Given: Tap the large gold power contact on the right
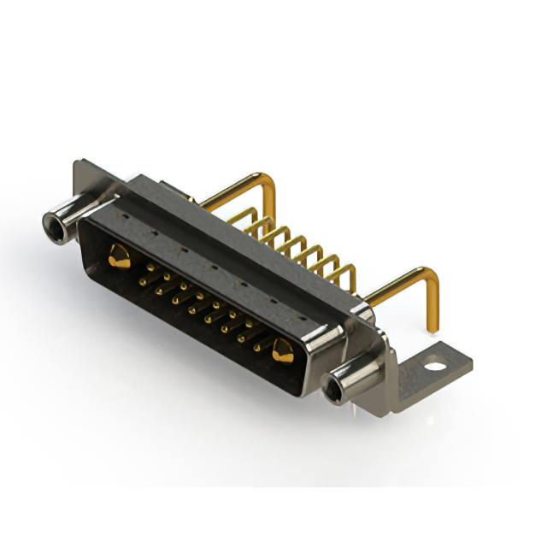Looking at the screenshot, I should pyautogui.click(x=283, y=348).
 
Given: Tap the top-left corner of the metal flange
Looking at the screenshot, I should pyautogui.click(x=79, y=165).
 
